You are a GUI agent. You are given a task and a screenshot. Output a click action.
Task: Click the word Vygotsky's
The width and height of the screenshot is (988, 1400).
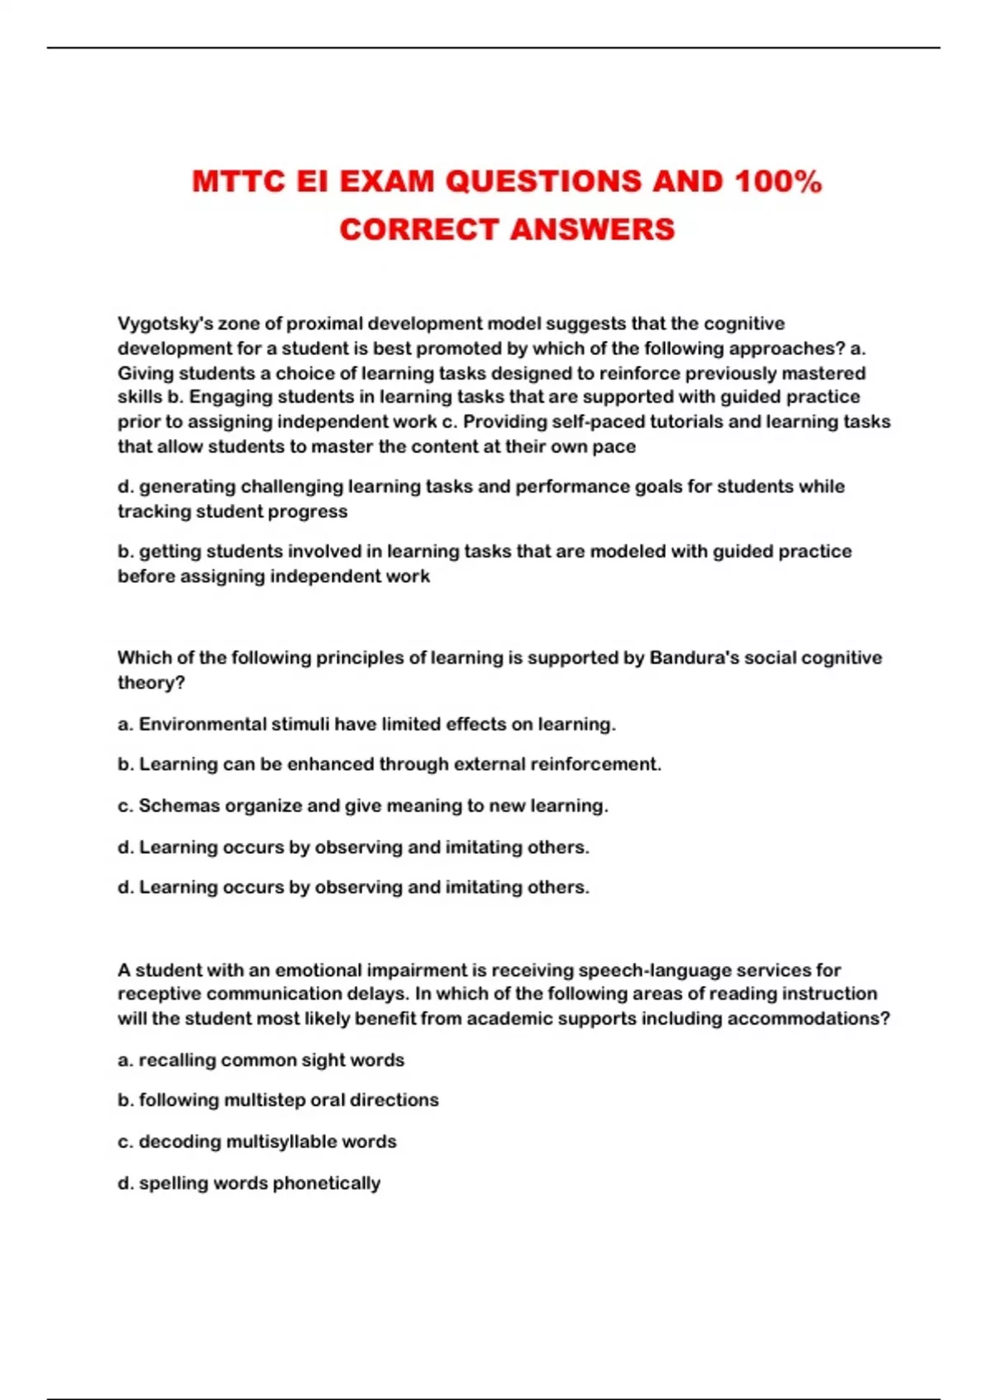coord(165,324)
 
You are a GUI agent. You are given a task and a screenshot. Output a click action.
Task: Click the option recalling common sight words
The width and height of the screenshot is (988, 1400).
coord(261,1060)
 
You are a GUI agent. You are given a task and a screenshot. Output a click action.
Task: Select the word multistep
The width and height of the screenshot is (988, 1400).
coord(263,1100)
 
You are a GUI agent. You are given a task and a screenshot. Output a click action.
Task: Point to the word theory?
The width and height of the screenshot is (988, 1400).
coord(151,683)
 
